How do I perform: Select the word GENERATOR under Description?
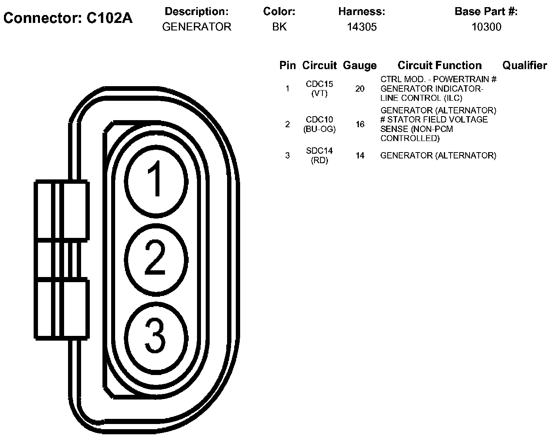pyautogui.click(x=197, y=27)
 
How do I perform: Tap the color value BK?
pyautogui.click(x=279, y=27)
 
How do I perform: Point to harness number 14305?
pyautogui.click(x=362, y=27)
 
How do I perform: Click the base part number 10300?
pyautogui.click(x=486, y=27)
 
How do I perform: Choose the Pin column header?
pyautogui.click(x=287, y=66)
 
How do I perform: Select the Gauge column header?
pyautogui.click(x=360, y=66)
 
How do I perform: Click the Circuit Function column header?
pyautogui.click(x=440, y=66)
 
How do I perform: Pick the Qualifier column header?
pyautogui.click(x=525, y=66)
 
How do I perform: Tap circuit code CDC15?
pyautogui.click(x=319, y=84)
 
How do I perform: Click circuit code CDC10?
pyautogui.click(x=319, y=119)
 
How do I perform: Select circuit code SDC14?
pyautogui.click(x=319, y=151)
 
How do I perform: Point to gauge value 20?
pyautogui.click(x=360, y=89)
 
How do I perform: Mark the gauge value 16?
pyautogui.click(x=360, y=124)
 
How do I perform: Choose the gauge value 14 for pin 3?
pyautogui.click(x=360, y=156)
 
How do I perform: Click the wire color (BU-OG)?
pyautogui.click(x=319, y=129)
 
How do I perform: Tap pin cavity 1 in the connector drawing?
pyautogui.click(x=156, y=180)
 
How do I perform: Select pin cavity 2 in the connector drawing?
pyautogui.click(x=156, y=259)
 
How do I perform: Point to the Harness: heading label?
pyautogui.click(x=362, y=12)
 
